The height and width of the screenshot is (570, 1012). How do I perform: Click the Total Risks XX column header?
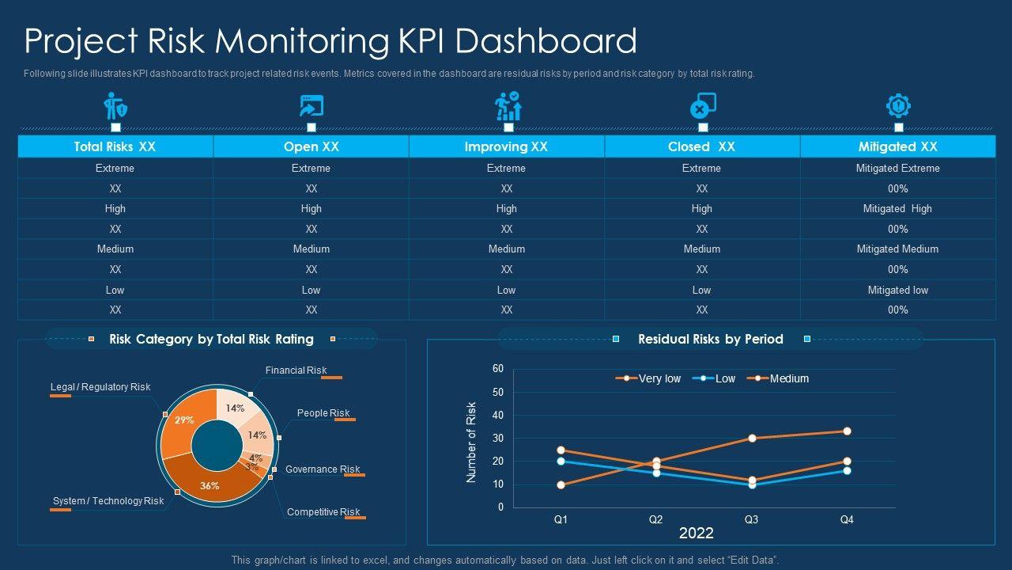115,146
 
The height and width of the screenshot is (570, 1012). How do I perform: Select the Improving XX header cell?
506,146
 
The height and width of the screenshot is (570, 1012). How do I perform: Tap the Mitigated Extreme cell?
897,168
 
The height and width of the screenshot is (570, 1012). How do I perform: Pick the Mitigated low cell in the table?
897,290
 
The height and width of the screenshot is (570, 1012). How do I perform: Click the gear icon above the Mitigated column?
898,105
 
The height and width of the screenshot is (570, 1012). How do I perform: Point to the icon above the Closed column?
702,105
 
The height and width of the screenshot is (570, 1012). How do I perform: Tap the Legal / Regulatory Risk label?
100,387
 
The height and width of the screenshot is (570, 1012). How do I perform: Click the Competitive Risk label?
323,512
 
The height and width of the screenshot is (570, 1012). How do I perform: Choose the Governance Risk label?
323,469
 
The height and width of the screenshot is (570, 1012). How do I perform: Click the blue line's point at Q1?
561,461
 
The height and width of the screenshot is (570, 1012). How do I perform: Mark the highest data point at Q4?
847,431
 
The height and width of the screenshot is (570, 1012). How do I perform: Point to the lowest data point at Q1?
561,484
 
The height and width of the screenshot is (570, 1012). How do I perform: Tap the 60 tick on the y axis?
498,369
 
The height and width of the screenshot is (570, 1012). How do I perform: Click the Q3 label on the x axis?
751,520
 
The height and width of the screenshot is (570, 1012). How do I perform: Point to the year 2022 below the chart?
696,534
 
